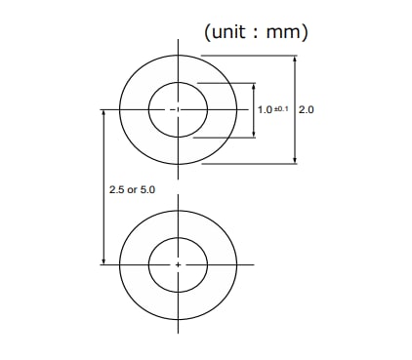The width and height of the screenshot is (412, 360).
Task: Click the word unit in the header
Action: tap(234, 32)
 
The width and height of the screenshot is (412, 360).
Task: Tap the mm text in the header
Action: tap(283, 32)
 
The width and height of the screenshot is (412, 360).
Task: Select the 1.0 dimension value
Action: tap(264, 110)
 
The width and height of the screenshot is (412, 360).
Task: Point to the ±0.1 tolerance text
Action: tap(280, 109)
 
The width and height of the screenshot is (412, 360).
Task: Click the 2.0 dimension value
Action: tap(306, 110)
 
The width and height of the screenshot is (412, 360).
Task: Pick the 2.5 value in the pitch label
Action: tap(117, 188)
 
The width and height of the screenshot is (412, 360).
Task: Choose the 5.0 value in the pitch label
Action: tap(146, 188)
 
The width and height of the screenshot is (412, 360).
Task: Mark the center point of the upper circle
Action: tap(178, 109)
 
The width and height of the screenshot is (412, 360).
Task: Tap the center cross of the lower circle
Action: tap(178, 264)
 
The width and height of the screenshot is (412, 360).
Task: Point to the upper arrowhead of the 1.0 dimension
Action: tap(252, 85)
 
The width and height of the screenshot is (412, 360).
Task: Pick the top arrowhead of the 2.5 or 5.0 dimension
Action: tap(103, 113)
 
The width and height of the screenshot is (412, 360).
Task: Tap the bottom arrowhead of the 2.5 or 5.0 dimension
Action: tap(103, 260)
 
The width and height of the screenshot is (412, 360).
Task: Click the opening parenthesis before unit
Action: tap(207, 32)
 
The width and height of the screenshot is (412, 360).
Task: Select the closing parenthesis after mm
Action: tap(306, 32)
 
